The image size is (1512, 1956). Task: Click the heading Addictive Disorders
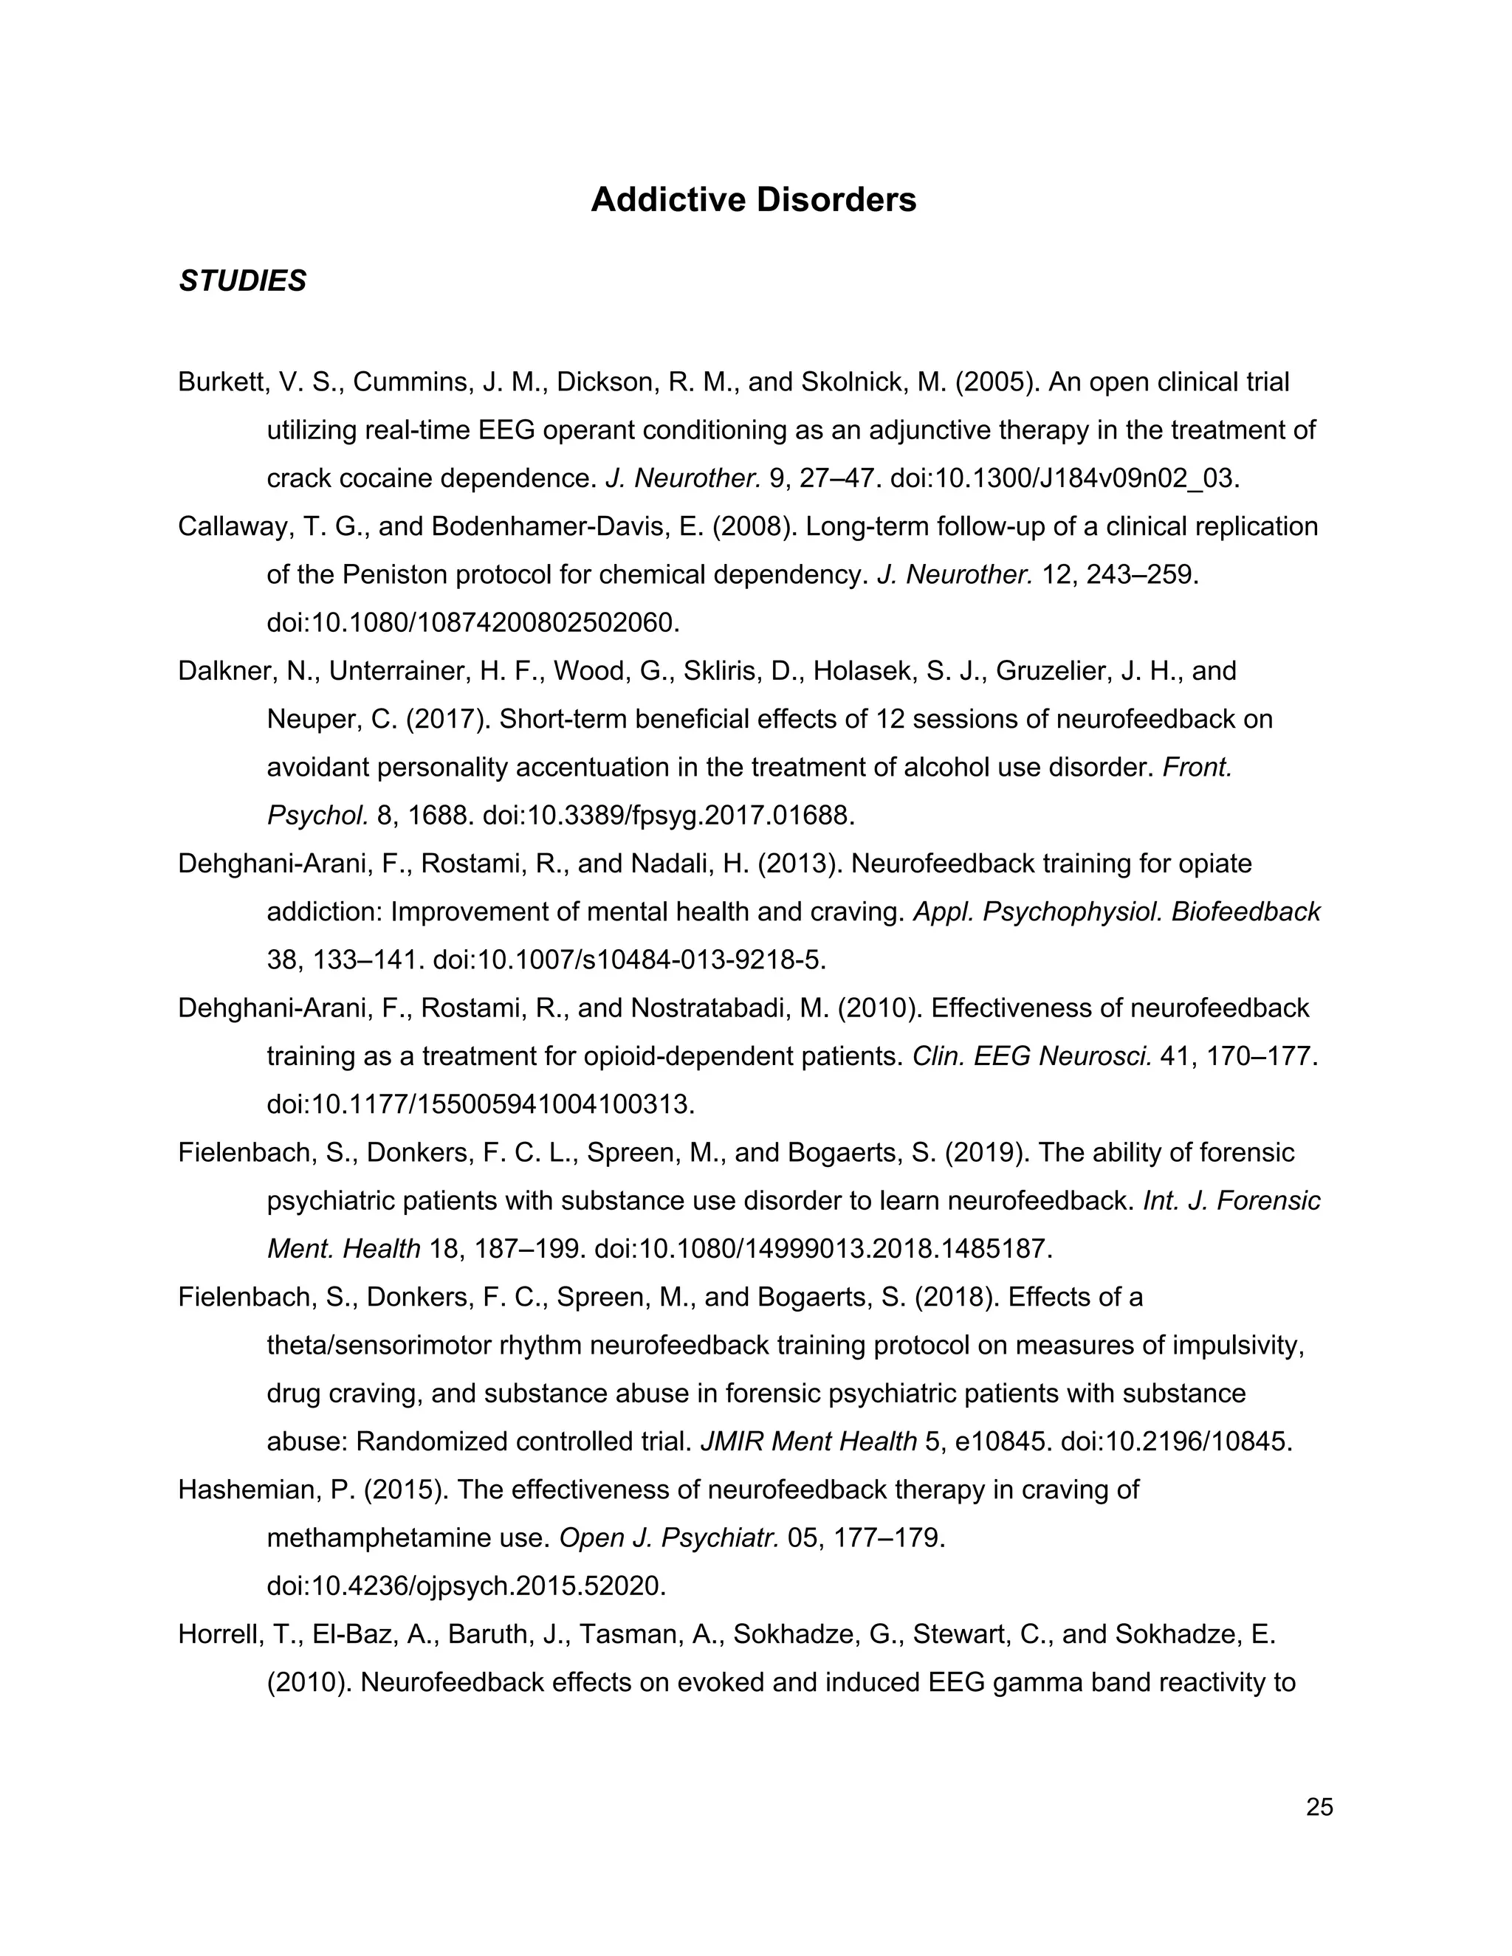[x=753, y=200]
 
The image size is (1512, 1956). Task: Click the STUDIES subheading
[x=242, y=281]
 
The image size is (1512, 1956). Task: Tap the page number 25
[x=1319, y=1808]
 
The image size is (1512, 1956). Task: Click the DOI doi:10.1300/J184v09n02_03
[x=1064, y=478]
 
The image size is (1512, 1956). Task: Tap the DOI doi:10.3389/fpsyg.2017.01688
[x=668, y=815]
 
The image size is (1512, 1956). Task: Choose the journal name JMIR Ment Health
[x=808, y=1442]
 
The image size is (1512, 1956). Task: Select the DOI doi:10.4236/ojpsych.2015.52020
[x=466, y=1586]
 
